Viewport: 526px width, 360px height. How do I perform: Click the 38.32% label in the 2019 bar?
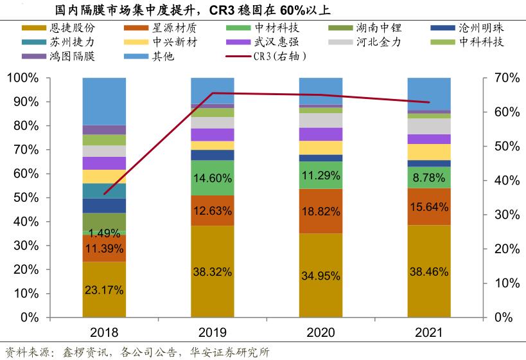(213, 272)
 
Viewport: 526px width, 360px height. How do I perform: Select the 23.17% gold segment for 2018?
(104, 289)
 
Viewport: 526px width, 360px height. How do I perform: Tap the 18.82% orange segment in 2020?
(320, 211)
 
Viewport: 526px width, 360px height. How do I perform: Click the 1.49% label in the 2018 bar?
(104, 233)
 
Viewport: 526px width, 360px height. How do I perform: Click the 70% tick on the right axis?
(498, 78)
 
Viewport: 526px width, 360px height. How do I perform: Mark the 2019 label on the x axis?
(213, 332)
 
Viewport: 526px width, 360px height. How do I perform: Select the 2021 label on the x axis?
(429, 332)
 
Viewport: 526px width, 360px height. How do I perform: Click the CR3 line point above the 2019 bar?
(213, 93)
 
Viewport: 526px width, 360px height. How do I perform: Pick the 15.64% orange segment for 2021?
(429, 206)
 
